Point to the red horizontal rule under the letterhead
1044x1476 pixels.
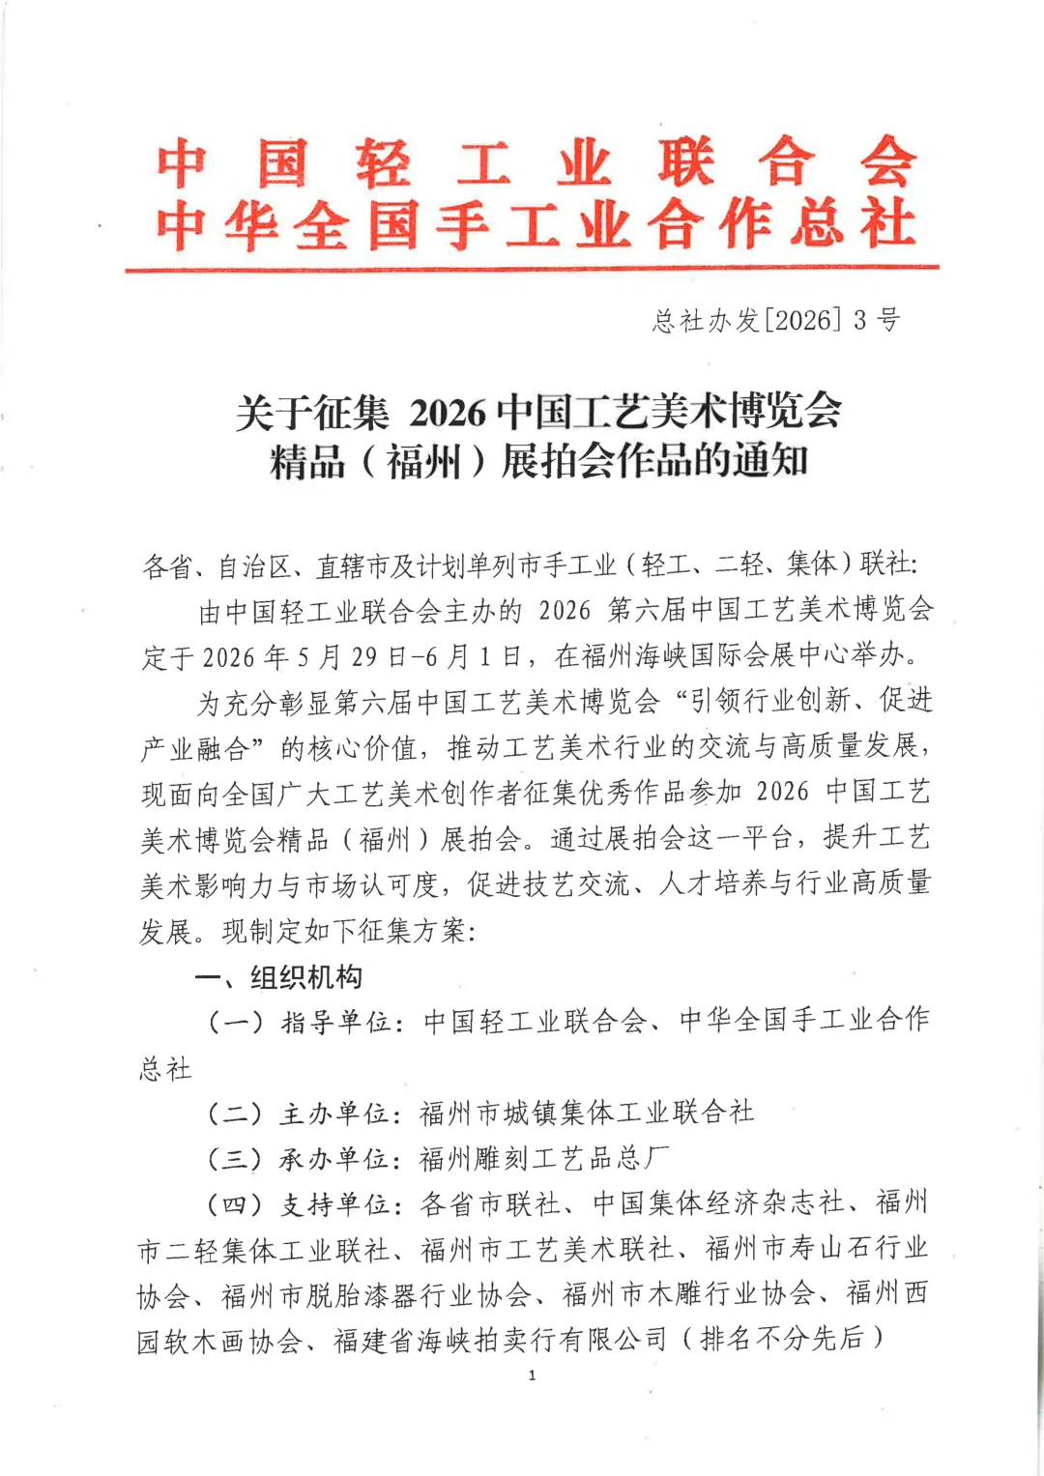coord(532,267)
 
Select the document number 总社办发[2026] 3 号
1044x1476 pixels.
coord(776,320)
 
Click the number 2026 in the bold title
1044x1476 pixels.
coord(448,413)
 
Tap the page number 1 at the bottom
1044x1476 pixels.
coord(532,1375)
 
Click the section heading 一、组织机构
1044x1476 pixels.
coord(278,977)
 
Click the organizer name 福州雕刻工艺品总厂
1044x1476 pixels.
coord(544,1158)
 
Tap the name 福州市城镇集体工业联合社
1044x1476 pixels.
coord(587,1114)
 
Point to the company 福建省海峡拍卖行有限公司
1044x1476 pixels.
coord(501,1341)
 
